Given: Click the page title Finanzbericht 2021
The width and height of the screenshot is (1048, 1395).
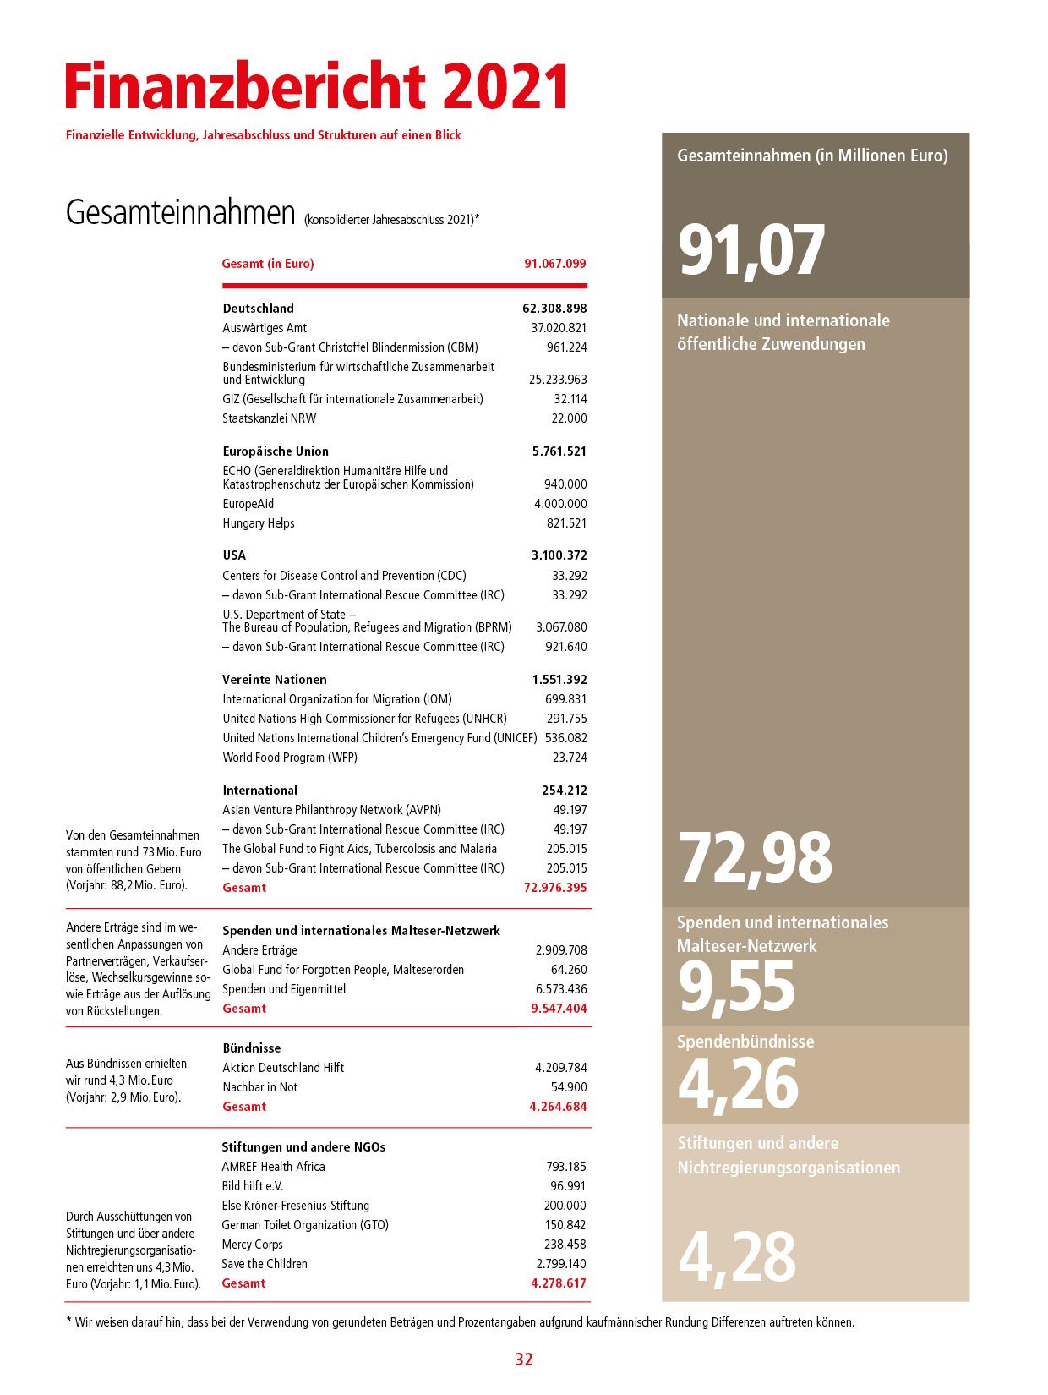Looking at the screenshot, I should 317,86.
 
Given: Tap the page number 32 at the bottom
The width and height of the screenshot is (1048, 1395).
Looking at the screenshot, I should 524,1359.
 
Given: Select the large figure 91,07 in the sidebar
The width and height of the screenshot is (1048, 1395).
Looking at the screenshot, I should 751,250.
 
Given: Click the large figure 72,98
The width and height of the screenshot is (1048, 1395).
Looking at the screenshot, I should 755,857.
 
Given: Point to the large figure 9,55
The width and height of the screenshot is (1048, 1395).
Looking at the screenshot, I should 736,987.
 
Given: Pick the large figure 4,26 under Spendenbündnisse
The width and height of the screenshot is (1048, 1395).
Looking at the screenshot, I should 738,1084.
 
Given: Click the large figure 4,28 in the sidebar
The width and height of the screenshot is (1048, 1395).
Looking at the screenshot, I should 737,1257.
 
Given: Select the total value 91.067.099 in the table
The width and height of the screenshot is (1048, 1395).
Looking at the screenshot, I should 554,264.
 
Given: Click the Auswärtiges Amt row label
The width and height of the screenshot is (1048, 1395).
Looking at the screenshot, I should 265,328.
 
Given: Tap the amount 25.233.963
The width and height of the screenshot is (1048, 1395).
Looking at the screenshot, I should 558,380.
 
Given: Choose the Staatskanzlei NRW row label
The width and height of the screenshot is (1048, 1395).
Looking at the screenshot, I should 269,418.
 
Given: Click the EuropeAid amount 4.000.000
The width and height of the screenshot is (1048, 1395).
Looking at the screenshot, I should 560,504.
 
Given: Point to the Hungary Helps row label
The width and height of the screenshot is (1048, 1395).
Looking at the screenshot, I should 259,523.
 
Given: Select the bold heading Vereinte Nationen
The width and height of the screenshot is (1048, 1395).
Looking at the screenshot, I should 275,680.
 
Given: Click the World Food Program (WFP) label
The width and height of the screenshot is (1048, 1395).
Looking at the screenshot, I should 290,758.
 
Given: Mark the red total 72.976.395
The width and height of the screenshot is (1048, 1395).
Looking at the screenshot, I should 555,888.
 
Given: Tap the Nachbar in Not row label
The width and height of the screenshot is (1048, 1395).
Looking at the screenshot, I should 259,1087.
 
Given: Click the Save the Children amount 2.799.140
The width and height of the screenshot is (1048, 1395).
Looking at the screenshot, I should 561,1264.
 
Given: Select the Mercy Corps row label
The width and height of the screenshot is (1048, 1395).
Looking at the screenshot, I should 252,1245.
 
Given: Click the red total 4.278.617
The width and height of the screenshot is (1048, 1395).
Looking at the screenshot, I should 558,1283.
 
